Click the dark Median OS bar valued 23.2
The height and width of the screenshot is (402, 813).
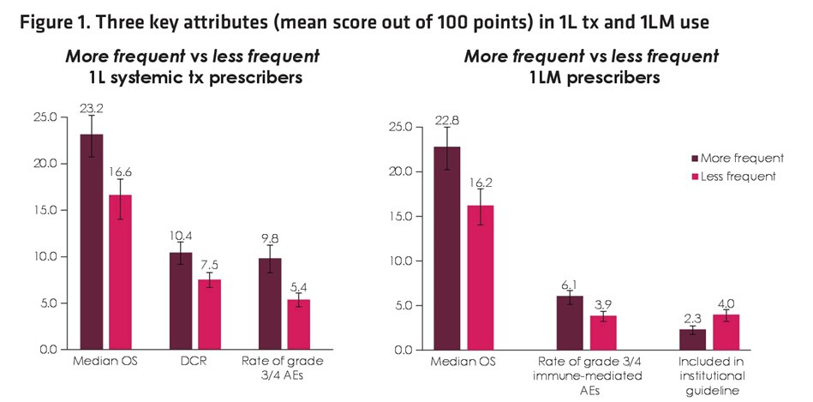point(92,242)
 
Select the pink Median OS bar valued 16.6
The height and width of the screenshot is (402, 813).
point(120,273)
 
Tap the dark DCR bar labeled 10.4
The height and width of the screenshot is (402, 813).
point(181,301)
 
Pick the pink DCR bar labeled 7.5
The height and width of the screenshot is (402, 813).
point(210,315)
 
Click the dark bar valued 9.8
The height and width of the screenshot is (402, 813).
point(270,304)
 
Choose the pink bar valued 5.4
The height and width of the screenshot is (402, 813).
point(299,324)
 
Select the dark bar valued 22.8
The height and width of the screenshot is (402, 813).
point(447,249)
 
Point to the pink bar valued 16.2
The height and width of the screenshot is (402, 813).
point(481,278)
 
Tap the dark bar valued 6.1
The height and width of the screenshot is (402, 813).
point(570,323)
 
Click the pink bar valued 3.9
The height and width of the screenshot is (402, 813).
point(603,333)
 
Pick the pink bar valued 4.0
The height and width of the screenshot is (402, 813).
point(726,333)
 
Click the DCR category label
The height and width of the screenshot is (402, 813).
point(195,362)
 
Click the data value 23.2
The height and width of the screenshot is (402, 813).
point(92,108)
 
